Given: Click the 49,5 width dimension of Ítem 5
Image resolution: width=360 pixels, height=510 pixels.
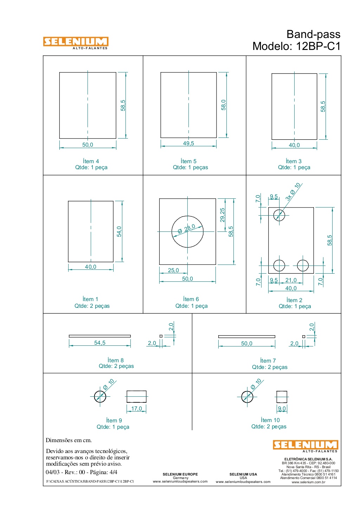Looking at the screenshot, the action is click(188, 144).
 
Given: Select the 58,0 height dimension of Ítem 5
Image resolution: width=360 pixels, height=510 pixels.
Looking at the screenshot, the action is click(224, 105).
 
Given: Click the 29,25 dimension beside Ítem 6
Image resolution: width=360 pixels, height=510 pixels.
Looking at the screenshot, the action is click(222, 215).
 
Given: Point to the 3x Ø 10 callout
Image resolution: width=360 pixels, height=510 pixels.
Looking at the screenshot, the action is click(293, 192).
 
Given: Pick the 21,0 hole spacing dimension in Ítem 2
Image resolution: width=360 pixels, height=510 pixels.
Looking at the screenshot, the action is click(291, 280).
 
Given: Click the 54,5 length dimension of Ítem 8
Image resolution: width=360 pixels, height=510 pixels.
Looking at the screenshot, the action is click(100, 343).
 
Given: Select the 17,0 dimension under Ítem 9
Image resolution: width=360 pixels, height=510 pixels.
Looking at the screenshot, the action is click(136, 408).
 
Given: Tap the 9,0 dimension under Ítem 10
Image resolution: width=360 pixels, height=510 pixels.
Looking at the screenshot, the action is click(282, 408).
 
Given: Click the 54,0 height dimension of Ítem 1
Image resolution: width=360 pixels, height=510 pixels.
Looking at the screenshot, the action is click(119, 231).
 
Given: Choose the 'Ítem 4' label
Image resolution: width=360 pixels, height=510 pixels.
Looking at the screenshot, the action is click(91, 161).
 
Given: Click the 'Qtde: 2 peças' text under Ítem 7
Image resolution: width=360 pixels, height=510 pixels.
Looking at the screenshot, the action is click(269, 367).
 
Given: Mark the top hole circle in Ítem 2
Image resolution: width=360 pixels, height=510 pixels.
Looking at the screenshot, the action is click(279, 210).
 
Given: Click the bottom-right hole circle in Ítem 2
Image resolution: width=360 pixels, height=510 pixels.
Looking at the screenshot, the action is click(303, 260).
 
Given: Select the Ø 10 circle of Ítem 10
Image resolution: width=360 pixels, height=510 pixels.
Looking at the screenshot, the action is click(247, 391).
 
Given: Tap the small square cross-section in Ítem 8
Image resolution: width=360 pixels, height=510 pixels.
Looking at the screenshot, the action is click(161, 336).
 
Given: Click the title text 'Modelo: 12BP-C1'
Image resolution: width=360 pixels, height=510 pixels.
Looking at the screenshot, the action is click(296, 46).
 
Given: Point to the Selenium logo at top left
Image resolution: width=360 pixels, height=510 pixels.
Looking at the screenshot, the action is click(76, 43).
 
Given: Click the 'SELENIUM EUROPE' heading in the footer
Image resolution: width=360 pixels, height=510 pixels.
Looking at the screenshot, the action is click(180, 474).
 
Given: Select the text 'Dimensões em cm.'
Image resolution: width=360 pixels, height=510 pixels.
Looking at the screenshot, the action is click(69, 440).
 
